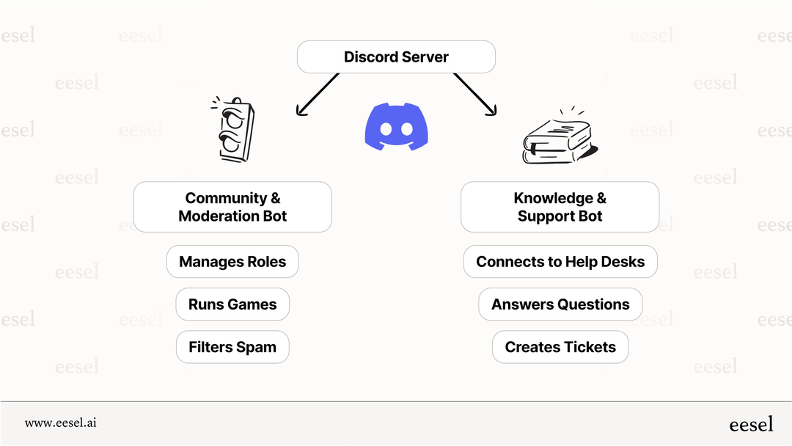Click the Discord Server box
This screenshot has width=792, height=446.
coord(396,57)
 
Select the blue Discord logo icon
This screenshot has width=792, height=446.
coord(396,126)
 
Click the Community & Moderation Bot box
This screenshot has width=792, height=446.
coord(232,207)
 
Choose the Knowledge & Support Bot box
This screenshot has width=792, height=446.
coord(560,207)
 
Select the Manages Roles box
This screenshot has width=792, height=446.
coord(232,262)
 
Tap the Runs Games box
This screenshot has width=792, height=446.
coord(232,304)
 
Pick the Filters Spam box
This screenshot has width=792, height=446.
coord(232,347)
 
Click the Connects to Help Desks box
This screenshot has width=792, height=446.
coord(560,262)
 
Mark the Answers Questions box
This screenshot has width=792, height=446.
coord(560,304)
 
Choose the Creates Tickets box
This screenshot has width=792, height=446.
coord(560,347)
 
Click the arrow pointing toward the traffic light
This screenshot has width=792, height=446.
coord(317,94)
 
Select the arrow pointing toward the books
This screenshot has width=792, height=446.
coord(474,94)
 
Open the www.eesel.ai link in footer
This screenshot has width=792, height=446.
coord(61,423)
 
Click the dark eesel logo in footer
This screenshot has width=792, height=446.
coord(751,424)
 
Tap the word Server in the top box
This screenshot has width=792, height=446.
coord(423,57)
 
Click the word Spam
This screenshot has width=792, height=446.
coord(257,347)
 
